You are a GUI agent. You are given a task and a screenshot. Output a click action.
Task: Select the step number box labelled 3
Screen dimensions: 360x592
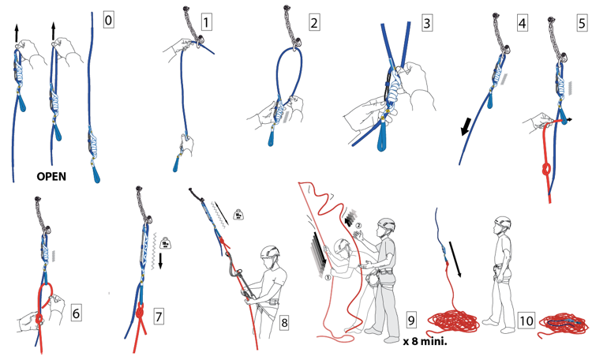pos(427,23)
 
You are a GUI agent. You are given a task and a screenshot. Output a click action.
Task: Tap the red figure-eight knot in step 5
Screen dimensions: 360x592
pos(544,171)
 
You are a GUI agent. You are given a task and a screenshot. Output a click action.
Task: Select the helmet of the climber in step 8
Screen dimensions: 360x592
pos(271,253)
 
